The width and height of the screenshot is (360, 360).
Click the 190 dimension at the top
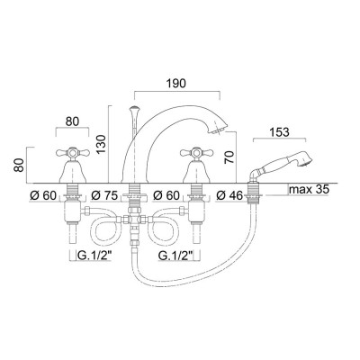[x=176, y=80]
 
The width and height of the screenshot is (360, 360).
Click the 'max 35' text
[x=309, y=190]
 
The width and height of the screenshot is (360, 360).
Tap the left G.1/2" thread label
[x=93, y=255]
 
